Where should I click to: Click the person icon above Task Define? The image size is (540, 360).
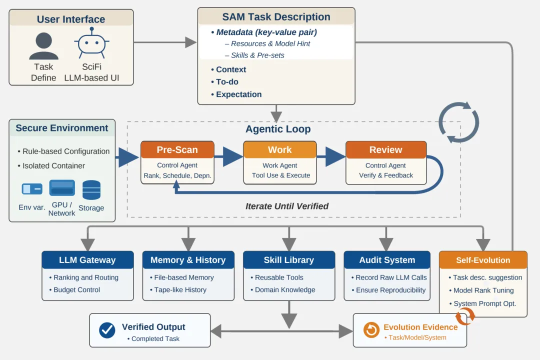(x=43, y=46)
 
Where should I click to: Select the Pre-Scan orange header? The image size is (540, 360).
(x=177, y=149)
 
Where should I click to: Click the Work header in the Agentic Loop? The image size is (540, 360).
(x=279, y=149)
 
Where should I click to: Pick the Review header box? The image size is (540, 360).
(x=385, y=149)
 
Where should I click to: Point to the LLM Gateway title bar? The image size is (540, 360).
(x=87, y=260)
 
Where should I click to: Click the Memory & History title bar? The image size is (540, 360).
(x=188, y=260)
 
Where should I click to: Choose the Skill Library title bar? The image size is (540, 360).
(x=289, y=260)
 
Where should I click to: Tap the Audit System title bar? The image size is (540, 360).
(x=387, y=260)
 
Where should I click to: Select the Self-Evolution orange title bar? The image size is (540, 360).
(x=483, y=260)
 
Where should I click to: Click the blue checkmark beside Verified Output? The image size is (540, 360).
(x=107, y=330)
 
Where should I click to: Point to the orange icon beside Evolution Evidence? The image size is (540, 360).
(x=371, y=330)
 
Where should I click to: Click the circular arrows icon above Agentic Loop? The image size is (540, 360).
(x=458, y=122)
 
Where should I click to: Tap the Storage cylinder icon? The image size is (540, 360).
(x=91, y=190)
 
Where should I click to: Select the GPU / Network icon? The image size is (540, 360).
(x=62, y=188)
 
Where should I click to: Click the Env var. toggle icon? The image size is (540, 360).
(x=32, y=189)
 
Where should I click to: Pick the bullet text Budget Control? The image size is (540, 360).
(x=76, y=289)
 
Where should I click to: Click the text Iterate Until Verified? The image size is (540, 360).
(x=287, y=206)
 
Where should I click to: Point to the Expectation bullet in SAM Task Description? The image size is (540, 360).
(x=238, y=94)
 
